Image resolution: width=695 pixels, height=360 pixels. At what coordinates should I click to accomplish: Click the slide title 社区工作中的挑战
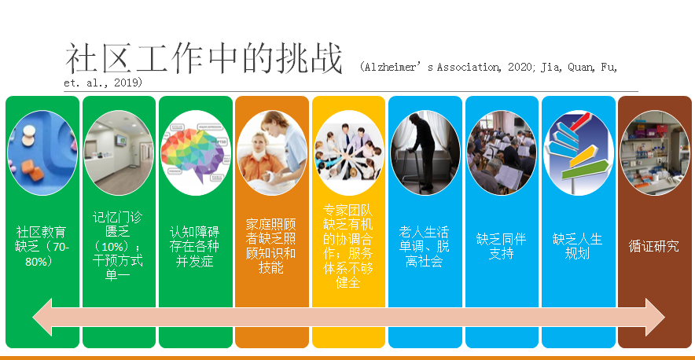click(204, 60)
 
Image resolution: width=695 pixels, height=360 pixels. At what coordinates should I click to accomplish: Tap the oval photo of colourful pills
click(42, 153)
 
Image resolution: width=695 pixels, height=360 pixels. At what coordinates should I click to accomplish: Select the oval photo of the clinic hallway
click(119, 153)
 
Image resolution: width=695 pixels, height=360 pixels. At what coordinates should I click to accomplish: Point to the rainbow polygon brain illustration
click(196, 153)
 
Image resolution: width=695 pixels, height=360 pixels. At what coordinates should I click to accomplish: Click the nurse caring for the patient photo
click(272, 153)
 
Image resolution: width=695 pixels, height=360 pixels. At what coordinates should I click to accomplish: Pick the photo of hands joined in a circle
click(348, 153)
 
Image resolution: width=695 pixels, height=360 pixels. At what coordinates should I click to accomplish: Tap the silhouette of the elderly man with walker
click(425, 153)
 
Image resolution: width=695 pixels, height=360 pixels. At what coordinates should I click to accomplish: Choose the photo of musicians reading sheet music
click(502, 153)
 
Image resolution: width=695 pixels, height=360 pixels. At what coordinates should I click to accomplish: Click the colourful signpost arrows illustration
click(578, 153)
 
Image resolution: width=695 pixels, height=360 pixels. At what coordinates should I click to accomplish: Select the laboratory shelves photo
click(655, 153)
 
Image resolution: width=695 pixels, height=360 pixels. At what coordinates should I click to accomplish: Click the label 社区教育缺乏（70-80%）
click(42, 247)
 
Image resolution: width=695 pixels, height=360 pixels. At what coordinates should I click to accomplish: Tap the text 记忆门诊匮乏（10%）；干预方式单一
click(118, 247)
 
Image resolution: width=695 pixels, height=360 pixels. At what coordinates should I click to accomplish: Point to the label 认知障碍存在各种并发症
click(195, 247)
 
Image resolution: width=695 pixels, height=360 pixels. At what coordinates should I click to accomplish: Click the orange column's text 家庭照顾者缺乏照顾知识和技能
click(270, 247)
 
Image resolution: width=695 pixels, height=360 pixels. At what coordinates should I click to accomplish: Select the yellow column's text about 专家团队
click(348, 247)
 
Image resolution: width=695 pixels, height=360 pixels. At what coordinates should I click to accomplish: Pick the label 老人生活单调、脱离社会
click(425, 247)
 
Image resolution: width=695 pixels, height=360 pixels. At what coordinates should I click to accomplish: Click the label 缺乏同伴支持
click(501, 247)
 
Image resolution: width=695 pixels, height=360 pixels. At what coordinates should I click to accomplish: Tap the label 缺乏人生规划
click(578, 247)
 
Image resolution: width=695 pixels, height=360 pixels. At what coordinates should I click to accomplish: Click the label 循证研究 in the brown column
click(654, 247)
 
